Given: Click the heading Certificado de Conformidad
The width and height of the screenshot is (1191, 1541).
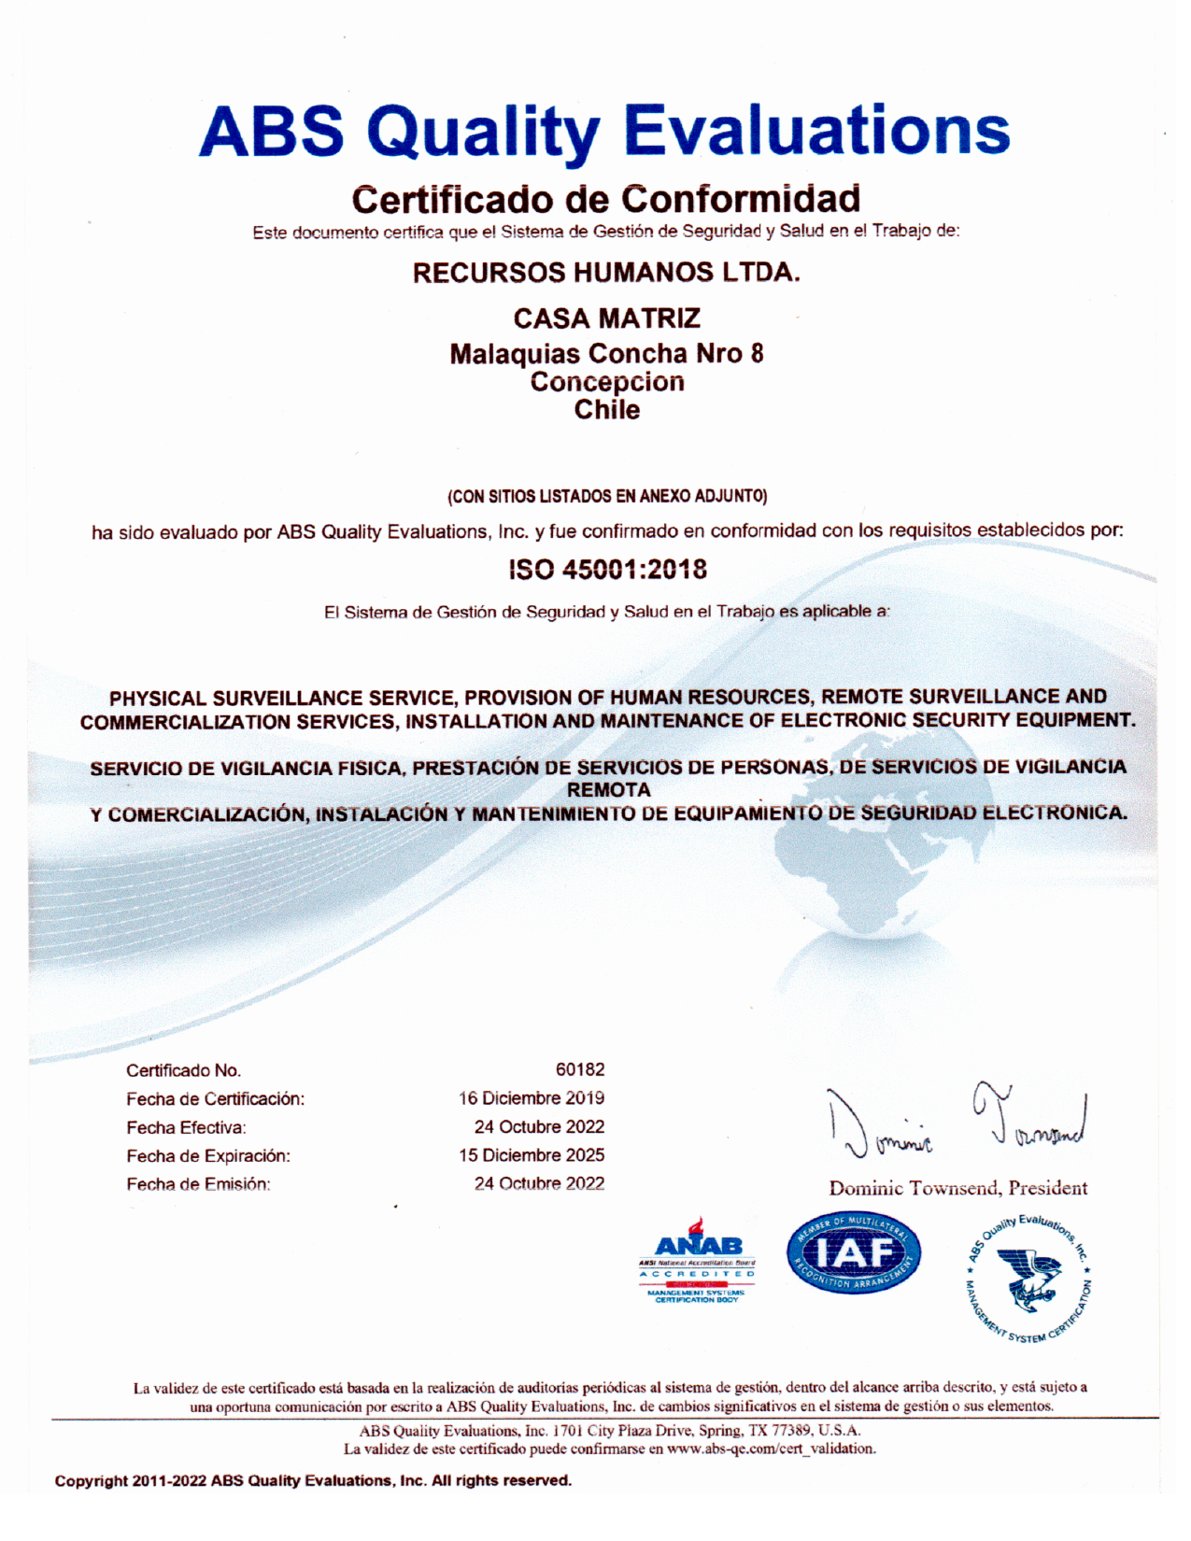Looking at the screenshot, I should tap(606, 199).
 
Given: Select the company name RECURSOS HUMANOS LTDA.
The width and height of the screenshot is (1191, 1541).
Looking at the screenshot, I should tap(606, 273).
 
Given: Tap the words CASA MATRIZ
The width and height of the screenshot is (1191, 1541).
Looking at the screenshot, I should tap(606, 318).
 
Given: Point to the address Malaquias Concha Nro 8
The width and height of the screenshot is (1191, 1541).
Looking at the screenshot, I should tap(606, 354).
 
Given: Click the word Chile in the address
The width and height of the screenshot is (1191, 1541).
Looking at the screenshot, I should tap(606, 410).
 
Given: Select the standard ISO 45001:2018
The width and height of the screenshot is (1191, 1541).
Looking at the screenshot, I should tap(607, 569).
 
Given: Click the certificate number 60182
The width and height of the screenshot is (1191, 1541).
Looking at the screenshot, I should tap(579, 1069).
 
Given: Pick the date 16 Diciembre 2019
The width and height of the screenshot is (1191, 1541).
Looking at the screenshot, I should tap(531, 1098).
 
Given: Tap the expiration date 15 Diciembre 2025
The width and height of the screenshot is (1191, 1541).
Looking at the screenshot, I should tap(531, 1155).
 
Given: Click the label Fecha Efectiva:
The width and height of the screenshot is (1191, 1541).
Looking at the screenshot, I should tap(186, 1127).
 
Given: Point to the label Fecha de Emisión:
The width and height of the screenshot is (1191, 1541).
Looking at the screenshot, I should tap(198, 1184).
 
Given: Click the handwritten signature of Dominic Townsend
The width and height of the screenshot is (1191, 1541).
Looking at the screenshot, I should tap(957, 1121).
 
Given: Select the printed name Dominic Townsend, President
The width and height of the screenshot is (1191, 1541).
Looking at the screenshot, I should tap(957, 1188).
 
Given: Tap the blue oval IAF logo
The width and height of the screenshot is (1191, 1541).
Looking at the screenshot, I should tap(853, 1254).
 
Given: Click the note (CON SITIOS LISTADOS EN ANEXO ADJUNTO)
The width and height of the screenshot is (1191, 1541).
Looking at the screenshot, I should tap(607, 496).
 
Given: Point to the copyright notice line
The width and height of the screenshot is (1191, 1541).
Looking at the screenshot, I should tap(313, 1480).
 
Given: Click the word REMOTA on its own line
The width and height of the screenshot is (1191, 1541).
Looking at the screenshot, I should tap(608, 790).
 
